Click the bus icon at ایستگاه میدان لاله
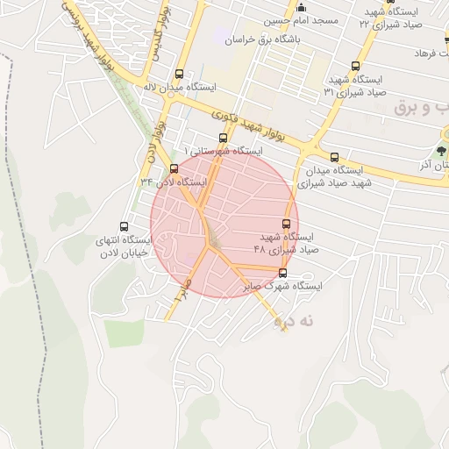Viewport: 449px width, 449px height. point(180,75)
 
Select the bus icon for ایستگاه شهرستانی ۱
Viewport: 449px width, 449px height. point(222,138)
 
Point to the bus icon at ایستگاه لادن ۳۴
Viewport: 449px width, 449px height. point(173,168)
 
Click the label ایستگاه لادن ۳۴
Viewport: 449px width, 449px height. point(172,182)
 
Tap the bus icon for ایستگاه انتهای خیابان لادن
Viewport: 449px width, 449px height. point(123,225)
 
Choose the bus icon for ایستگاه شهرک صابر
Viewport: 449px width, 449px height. point(281,272)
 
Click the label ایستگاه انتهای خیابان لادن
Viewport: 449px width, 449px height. point(123,246)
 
